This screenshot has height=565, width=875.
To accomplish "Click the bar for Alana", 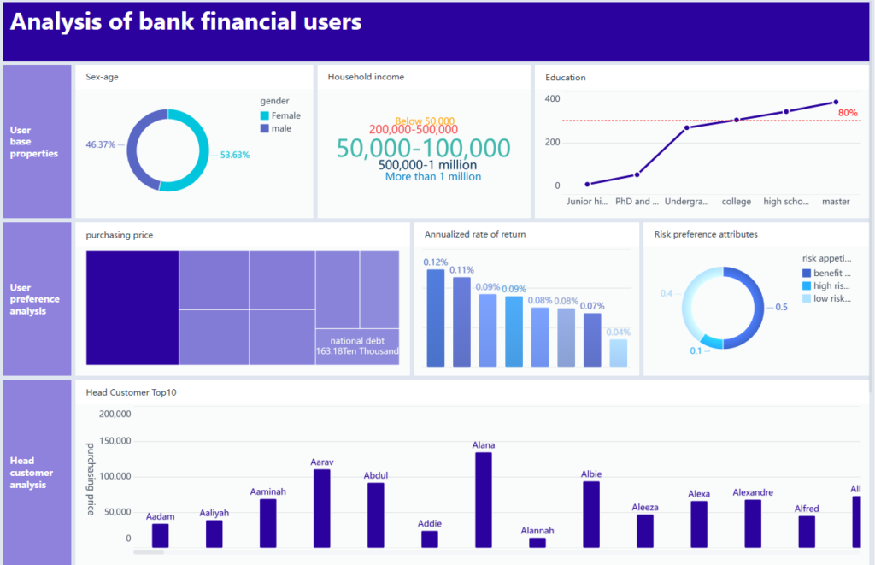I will tap(483, 500).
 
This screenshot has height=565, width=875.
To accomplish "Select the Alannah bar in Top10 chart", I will tap(537, 542).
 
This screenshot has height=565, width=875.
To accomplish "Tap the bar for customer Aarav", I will tap(321, 508).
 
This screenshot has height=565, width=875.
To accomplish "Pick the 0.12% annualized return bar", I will tap(436, 318).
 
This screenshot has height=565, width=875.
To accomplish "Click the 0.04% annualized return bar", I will tap(618, 353).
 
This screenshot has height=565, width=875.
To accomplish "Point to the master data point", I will tap(835, 102).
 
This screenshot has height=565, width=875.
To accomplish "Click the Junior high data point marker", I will tap(587, 184).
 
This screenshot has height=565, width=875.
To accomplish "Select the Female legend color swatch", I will tap(265, 115).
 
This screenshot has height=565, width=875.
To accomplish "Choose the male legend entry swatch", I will tap(265, 128).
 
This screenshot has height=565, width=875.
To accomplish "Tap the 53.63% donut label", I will tap(235, 155).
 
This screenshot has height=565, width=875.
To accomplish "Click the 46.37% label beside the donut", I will tap(101, 144).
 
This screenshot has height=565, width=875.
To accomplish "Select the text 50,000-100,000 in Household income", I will tap(423, 148).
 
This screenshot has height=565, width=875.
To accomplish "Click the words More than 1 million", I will tap(433, 177).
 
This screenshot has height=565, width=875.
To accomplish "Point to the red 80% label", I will tap(848, 112).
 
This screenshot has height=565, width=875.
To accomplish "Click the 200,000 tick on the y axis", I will tap(115, 414).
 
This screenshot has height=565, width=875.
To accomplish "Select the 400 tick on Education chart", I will tap(552, 98).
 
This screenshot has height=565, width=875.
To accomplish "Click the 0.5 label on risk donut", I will tap(781, 307).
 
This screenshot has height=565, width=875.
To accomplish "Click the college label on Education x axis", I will tap(736, 202).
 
